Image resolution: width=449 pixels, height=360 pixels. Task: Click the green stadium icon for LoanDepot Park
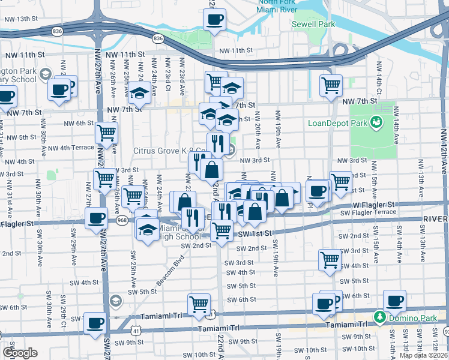tap(376, 122)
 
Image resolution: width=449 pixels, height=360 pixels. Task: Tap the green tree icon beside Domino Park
tap(379, 316)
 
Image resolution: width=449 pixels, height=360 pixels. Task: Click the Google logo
tap(20, 352)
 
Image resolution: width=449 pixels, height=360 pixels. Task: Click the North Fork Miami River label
tap(278, 7)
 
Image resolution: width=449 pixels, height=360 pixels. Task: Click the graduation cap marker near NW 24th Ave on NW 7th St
tap(139, 94)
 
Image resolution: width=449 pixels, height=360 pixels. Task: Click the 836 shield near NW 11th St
tap(158, 38)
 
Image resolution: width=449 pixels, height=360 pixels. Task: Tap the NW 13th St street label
tap(21, 19)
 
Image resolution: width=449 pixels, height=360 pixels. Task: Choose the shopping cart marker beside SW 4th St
tap(330, 259)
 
